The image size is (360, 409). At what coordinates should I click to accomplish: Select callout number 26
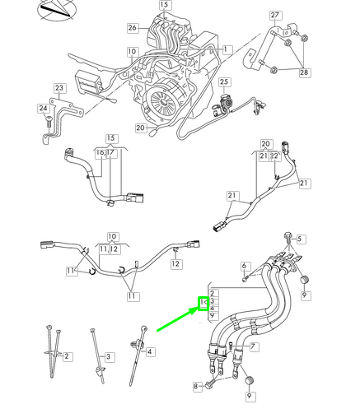133,28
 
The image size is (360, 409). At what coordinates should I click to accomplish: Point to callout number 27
275,15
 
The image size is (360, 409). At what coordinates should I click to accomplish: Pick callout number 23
58,88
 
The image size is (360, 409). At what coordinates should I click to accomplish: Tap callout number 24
43,108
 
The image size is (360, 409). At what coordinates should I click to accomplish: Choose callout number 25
224,82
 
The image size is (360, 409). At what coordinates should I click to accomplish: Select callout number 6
245,266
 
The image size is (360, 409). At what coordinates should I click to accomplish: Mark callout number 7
255,346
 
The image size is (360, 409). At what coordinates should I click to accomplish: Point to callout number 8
195,385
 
